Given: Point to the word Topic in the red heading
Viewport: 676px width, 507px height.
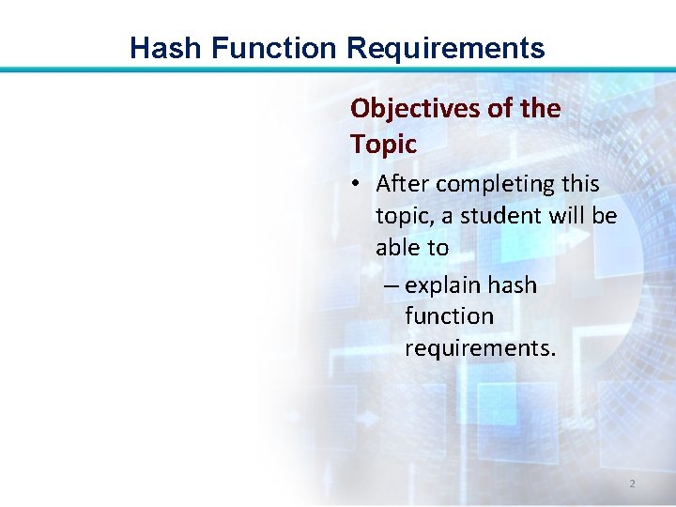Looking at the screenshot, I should coord(383,145).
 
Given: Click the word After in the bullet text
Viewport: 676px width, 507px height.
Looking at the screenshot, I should coord(403,184).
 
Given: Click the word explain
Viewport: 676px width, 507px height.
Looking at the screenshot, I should coord(443,285).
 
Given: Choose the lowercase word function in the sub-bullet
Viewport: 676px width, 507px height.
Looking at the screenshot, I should coord(449,317).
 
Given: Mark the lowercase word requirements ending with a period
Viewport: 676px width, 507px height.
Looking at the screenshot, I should coord(480,349).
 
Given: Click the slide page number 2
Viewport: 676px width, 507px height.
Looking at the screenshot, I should coord(632,484).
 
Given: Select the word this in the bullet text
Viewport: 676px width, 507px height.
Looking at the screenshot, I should coord(578,184).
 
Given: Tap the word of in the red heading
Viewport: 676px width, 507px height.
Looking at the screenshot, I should coord(502,109).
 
